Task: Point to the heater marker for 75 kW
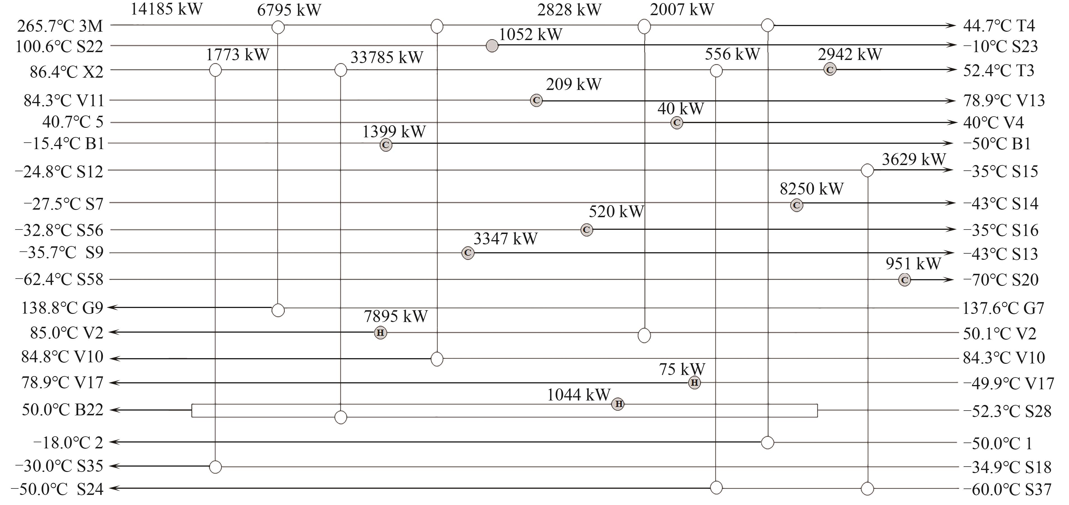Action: pos(694,383)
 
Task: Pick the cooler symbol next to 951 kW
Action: pos(905,280)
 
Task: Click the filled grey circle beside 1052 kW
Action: pos(492,46)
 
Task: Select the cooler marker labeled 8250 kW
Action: pos(796,205)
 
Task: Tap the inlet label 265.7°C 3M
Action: pos(60,26)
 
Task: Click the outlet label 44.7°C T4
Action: pos(999,26)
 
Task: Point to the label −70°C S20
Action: pos(1001,280)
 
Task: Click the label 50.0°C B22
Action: pos(62,410)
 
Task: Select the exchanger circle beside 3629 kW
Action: pos(867,170)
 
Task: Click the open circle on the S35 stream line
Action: pos(215,467)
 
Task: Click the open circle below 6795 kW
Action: pos(278,27)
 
